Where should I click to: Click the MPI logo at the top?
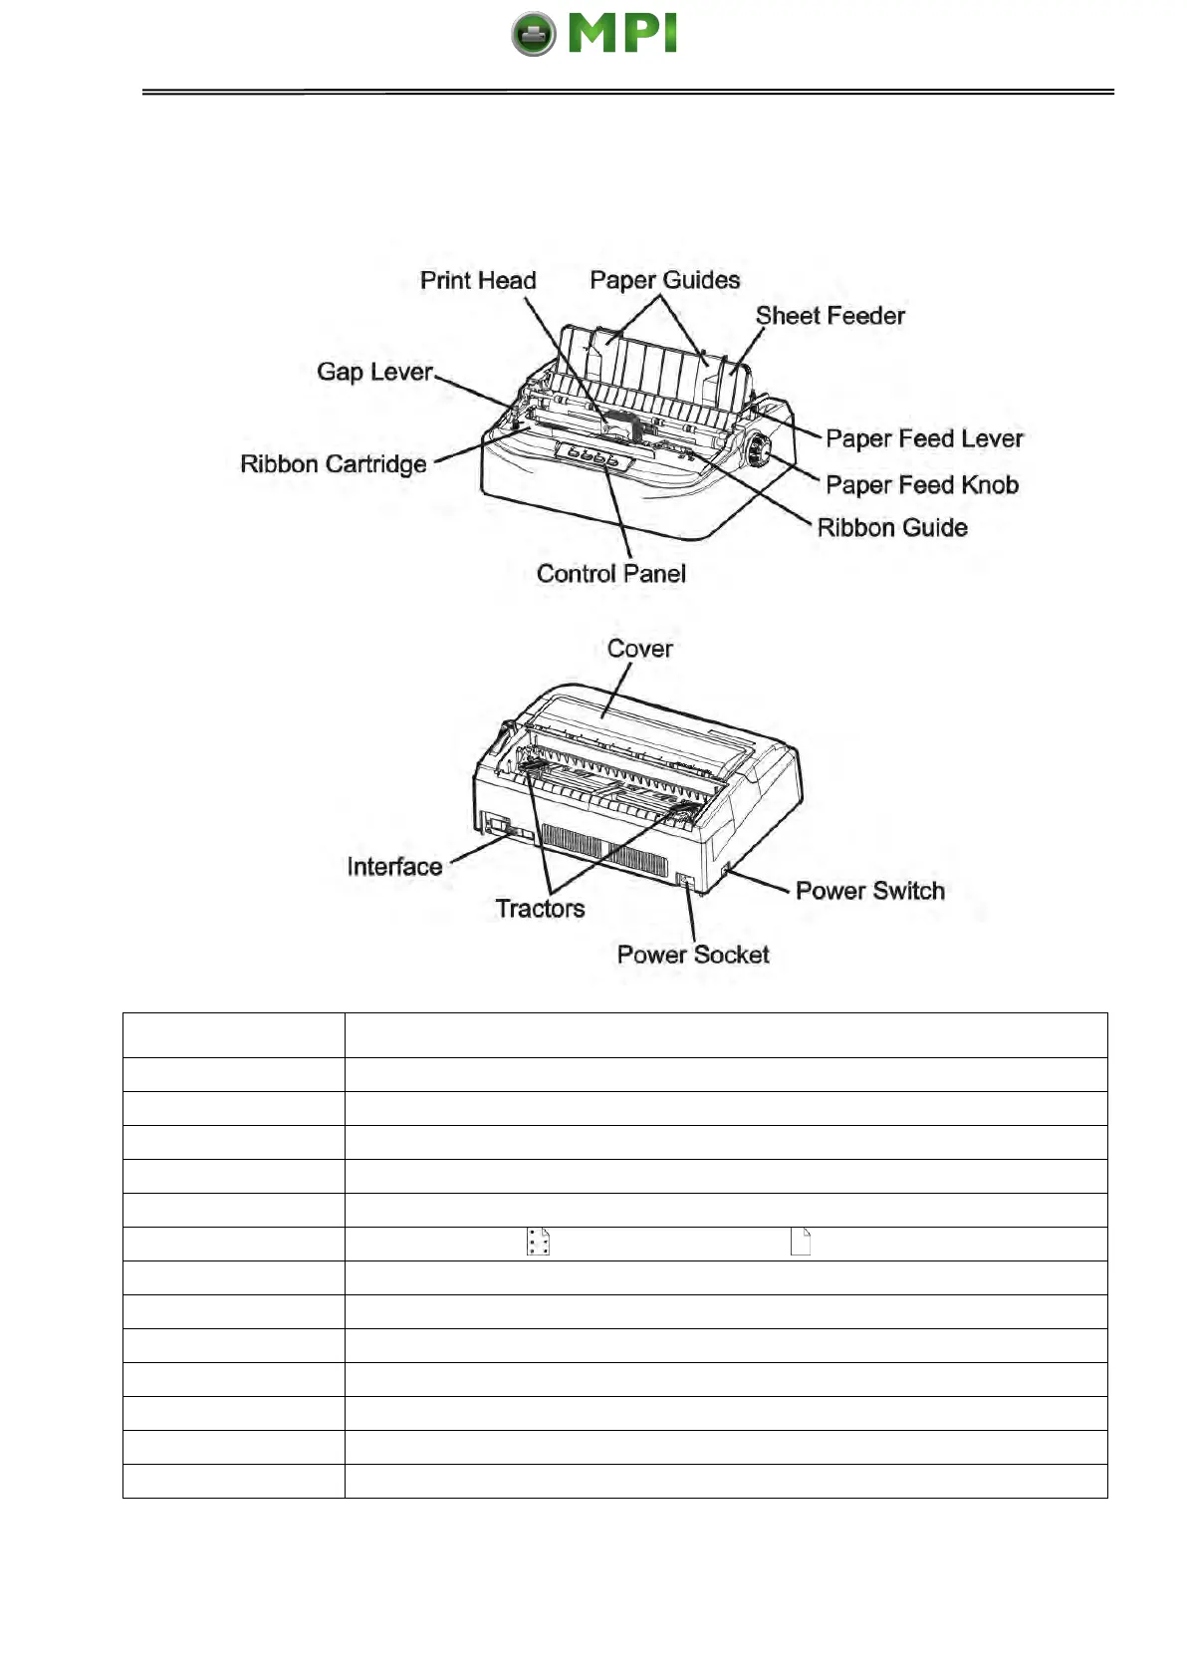(595, 34)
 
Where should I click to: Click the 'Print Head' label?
(478, 281)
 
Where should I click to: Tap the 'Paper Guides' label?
(664, 280)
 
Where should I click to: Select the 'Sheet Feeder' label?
(830, 316)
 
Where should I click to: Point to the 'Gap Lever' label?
(374, 372)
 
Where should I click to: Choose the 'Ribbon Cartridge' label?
(333, 464)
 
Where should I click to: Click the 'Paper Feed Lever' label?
(924, 438)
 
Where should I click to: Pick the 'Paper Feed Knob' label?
(922, 485)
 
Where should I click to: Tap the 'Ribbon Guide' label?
(892, 528)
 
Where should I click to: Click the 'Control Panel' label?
(610, 574)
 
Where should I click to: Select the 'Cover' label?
(639, 649)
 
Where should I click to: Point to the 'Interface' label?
(394, 867)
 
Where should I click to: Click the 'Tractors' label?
(540, 909)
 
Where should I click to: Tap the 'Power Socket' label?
(693, 955)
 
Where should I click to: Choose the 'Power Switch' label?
(869, 891)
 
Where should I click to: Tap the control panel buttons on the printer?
(593, 457)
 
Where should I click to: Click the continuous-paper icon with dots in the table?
(539, 1242)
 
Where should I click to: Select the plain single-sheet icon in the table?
(801, 1242)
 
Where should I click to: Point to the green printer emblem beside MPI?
(534, 35)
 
